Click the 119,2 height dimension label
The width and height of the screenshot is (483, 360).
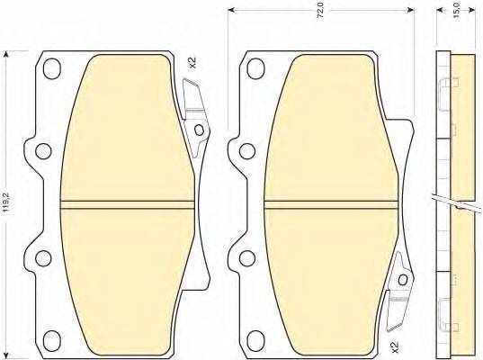pyautogui.click(x=6, y=202)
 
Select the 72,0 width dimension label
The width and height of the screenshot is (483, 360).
pyautogui.click(x=321, y=13)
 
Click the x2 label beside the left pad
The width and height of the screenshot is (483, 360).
pyautogui.click(x=192, y=63)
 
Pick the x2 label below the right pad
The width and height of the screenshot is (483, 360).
pyautogui.click(x=395, y=347)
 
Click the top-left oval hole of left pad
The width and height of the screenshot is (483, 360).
pyautogui.click(x=51, y=68)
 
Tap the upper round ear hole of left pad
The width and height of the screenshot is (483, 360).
pyautogui.click(x=43, y=151)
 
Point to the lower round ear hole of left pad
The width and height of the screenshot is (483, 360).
pyautogui.click(x=43, y=258)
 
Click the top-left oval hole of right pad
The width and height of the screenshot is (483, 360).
pyautogui.click(x=256, y=68)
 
